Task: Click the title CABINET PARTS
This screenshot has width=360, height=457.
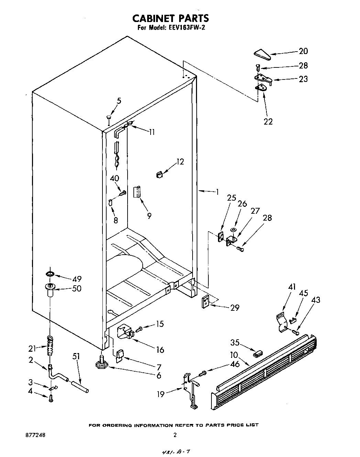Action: point(171,18)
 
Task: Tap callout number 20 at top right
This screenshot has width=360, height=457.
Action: point(303,51)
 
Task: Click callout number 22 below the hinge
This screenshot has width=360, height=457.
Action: point(268,121)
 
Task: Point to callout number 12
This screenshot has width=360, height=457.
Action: point(180,162)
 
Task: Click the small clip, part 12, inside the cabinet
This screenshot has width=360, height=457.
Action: point(159,174)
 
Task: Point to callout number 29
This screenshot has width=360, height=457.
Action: point(235,308)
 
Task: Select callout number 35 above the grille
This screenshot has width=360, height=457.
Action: point(235,342)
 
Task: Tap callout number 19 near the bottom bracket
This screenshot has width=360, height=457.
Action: point(161,394)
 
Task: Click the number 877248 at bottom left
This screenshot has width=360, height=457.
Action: point(35,435)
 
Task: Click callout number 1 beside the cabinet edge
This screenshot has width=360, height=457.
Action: point(217,192)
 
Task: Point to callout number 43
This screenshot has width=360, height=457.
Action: point(315,300)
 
